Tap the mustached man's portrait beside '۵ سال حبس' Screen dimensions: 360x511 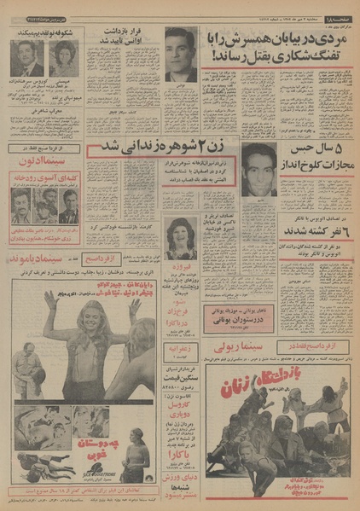click(259, 169)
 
